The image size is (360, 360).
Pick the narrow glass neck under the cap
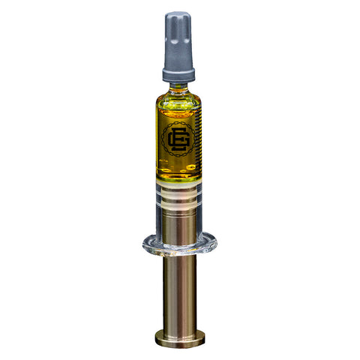point(178,85)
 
